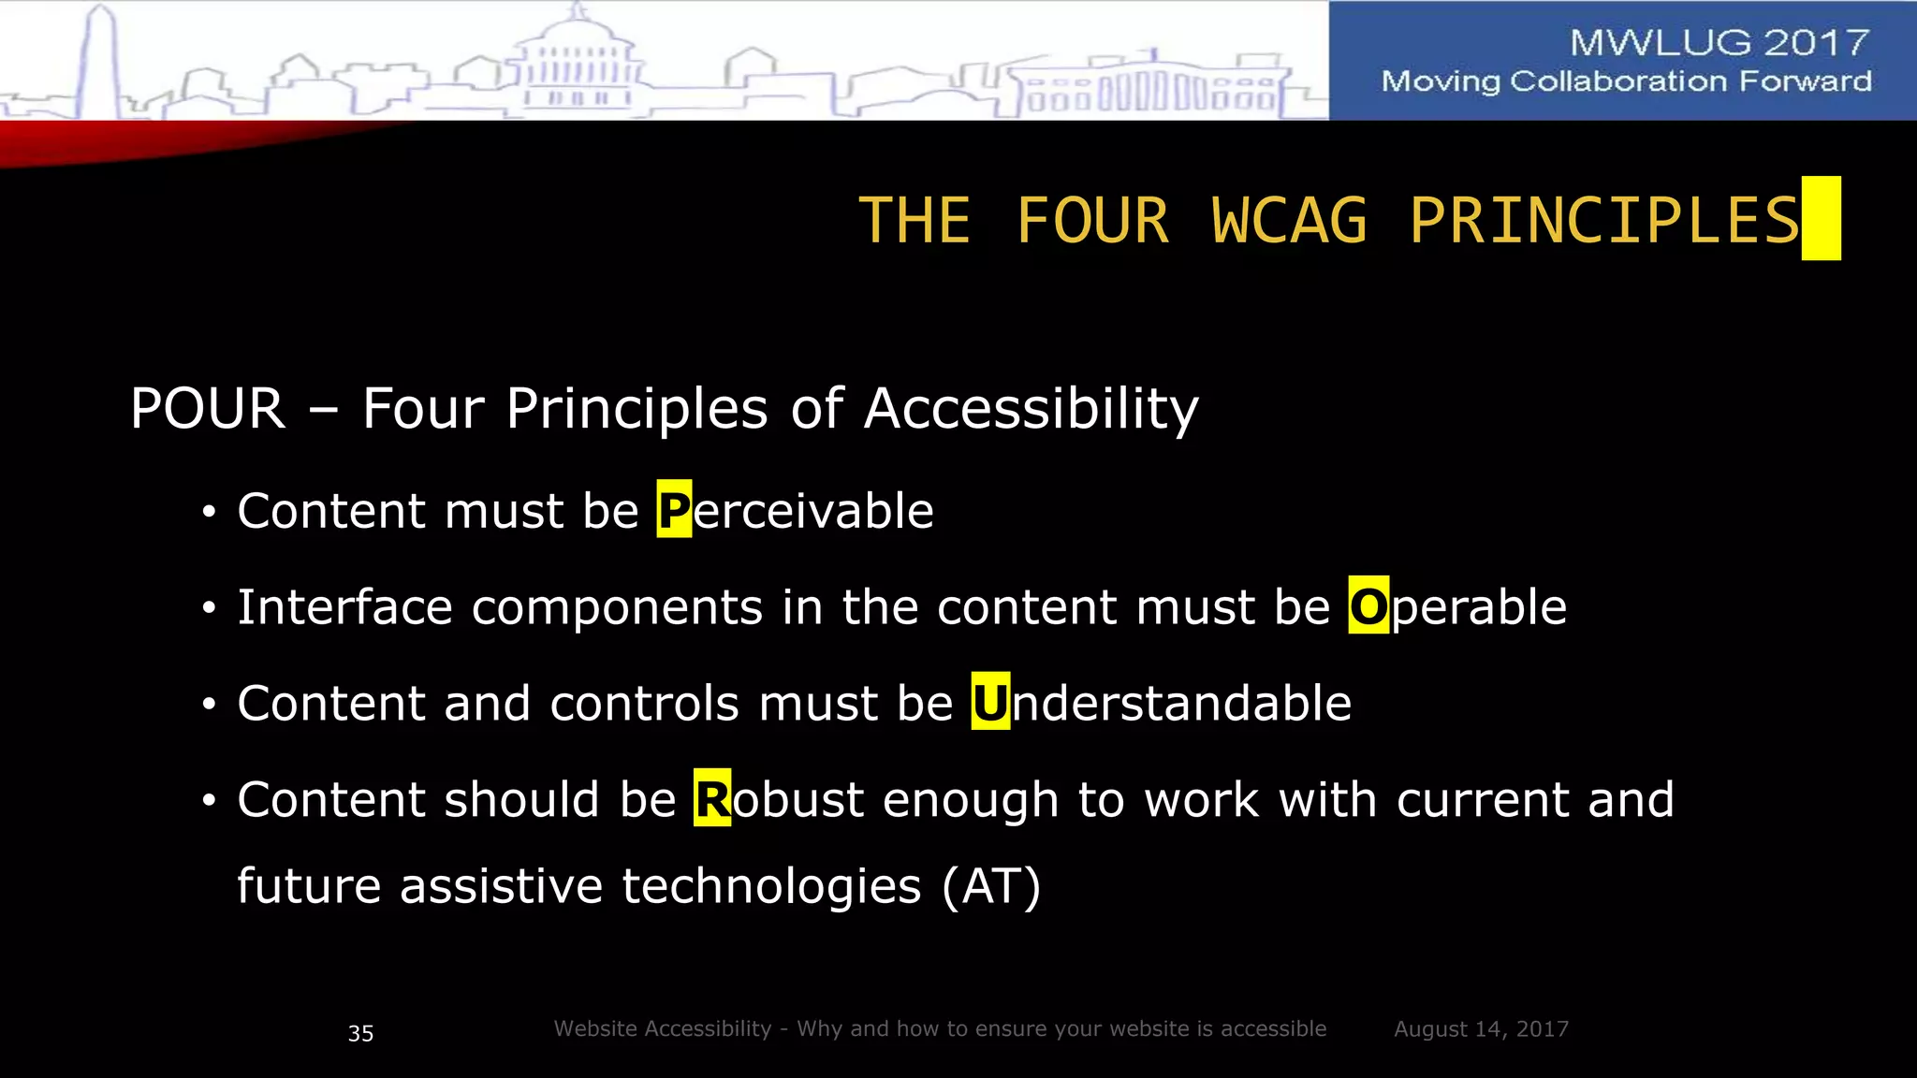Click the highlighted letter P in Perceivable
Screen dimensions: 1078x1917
[x=674, y=510]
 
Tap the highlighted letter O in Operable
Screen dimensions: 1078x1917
[x=1368, y=606]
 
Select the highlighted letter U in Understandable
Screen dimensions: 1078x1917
[x=990, y=703]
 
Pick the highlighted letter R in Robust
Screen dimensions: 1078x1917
[x=712, y=799]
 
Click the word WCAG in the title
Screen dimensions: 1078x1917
[x=1289, y=222]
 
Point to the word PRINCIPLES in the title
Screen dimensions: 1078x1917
[x=1604, y=222]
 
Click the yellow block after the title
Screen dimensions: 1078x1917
[x=1821, y=218]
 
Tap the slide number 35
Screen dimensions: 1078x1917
[x=360, y=1033]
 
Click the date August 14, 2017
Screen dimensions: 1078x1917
[x=1481, y=1029]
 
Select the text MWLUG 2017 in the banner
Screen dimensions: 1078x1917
[x=1719, y=43]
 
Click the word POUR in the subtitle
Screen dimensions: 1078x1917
[x=208, y=409]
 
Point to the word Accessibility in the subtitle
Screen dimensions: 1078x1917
[x=1031, y=409]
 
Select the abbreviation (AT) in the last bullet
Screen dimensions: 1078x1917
[x=991, y=886]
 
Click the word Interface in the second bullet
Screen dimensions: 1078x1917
[x=344, y=606]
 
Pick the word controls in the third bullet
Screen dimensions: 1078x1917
[x=645, y=703]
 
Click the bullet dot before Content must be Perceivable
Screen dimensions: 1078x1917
[x=210, y=512]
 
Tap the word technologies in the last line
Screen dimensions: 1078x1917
[x=771, y=886]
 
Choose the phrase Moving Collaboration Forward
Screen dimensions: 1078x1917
[x=1626, y=82]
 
